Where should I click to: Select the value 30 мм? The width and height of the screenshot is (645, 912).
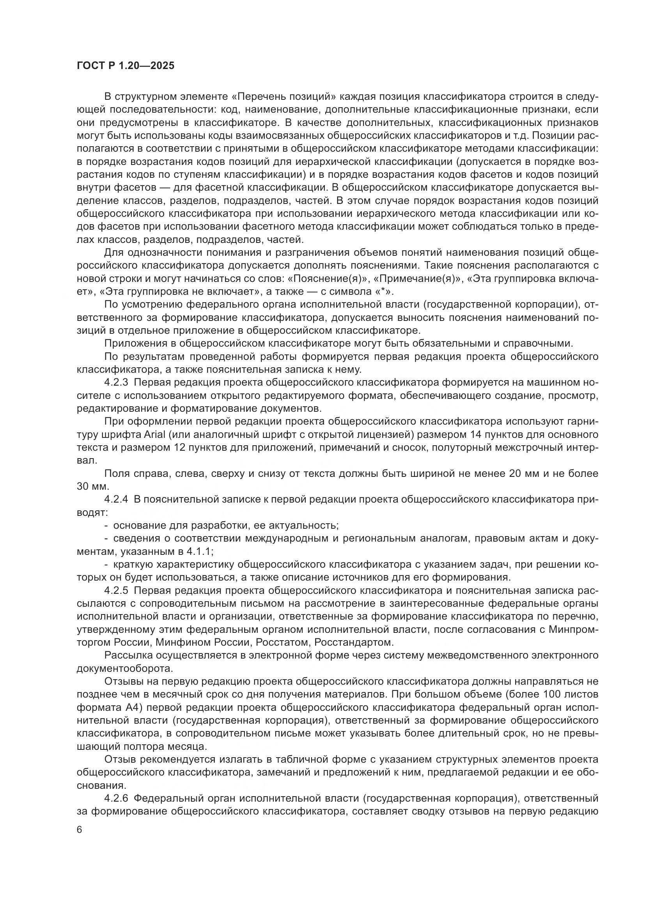(92, 487)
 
